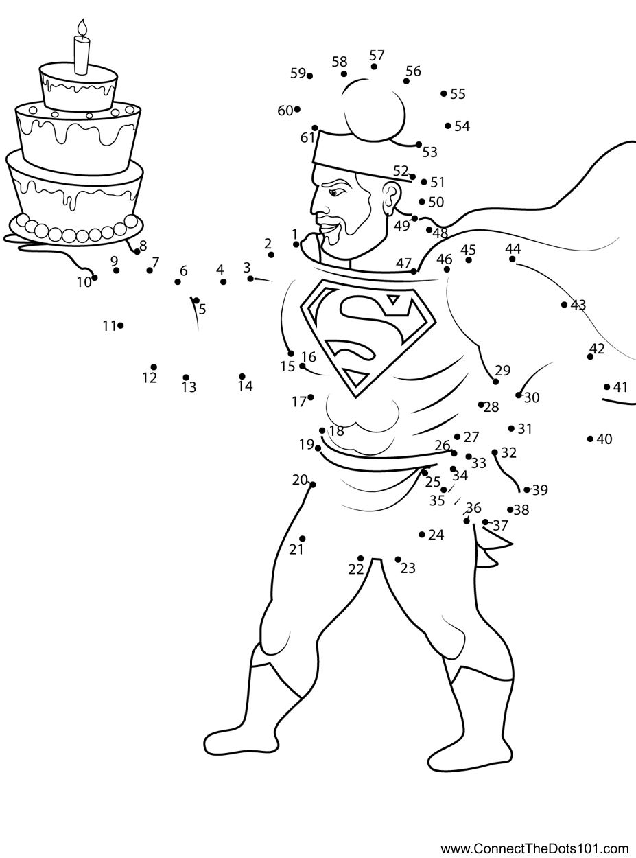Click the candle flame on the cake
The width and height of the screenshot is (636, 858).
click(82, 29)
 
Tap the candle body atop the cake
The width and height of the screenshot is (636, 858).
click(82, 55)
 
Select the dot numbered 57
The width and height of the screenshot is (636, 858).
click(374, 67)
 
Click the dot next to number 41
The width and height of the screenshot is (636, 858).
click(606, 387)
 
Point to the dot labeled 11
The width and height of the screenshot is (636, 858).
click(121, 326)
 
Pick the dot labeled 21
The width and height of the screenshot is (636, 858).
click(303, 539)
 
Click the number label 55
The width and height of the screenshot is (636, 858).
click(458, 94)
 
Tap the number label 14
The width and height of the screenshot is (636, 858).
click(246, 386)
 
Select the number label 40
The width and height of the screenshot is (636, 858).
click(604, 439)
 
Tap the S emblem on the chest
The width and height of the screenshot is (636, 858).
click(368, 338)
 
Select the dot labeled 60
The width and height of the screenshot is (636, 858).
click(297, 109)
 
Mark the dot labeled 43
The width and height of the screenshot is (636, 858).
click(564, 305)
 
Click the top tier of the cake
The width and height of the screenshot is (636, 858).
click(78, 87)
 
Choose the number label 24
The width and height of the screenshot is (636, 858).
click(436, 535)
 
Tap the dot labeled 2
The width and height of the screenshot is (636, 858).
click(271, 255)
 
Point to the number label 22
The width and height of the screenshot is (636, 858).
click(356, 569)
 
